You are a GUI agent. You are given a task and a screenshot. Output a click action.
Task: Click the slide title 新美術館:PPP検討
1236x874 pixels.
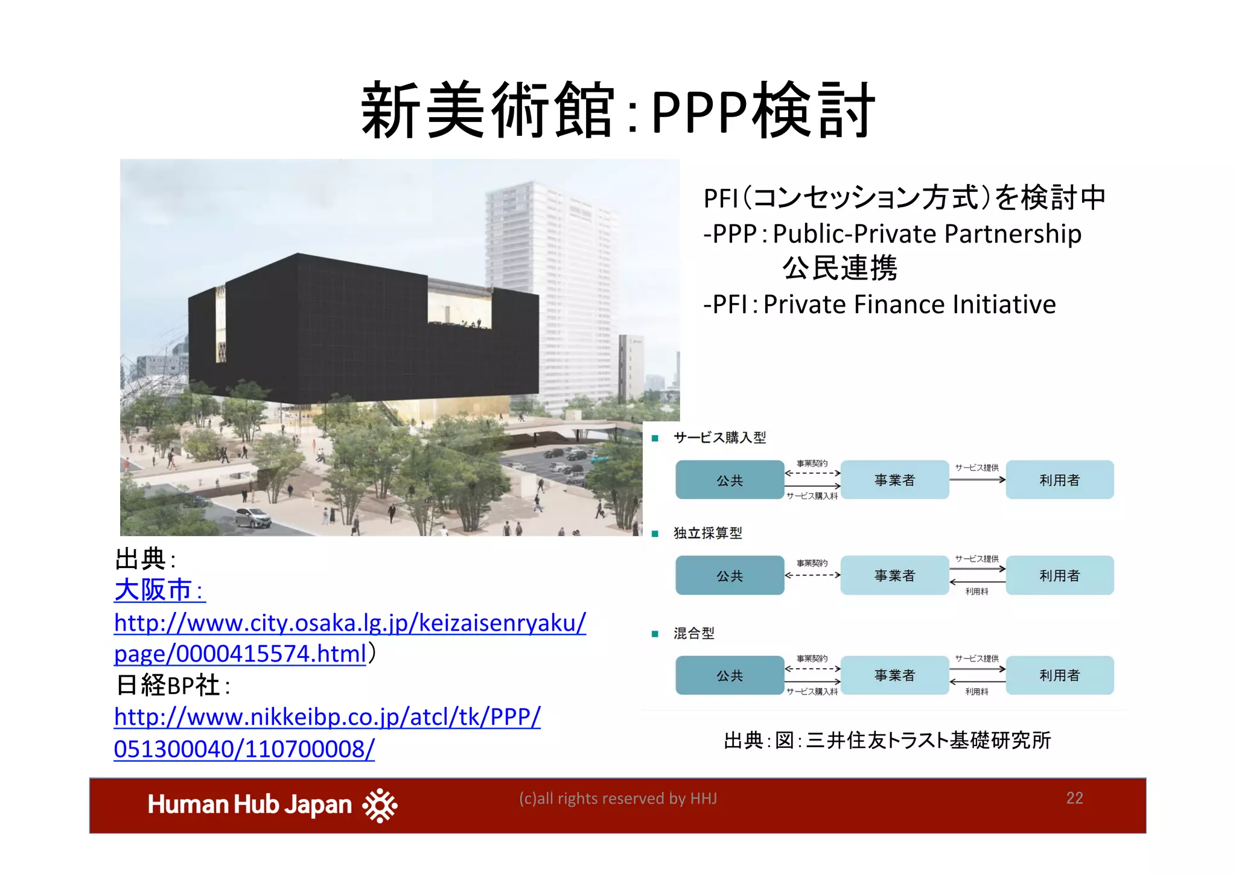pos(617,111)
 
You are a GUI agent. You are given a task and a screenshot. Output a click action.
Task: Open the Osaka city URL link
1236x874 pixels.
pos(349,638)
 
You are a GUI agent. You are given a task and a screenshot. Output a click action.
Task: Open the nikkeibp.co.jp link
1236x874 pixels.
pos(327,732)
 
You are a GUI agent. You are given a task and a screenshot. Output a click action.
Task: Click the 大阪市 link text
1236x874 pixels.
pos(154,590)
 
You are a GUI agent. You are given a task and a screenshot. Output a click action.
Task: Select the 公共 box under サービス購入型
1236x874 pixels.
pos(730,480)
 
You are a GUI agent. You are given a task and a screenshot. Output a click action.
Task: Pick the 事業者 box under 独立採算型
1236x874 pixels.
pos(894,575)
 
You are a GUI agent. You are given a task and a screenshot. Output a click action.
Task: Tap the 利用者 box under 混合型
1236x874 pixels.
pos(1059,675)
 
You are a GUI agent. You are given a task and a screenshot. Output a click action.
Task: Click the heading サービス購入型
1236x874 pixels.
pos(719,437)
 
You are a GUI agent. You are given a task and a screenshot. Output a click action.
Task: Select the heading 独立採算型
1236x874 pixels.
pos(707,532)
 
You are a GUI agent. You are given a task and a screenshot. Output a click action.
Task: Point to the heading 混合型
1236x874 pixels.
pos(694,633)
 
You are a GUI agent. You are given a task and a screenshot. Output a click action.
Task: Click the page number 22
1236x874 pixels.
pos(1074,798)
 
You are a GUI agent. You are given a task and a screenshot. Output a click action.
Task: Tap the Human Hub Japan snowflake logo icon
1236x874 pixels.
pos(380,805)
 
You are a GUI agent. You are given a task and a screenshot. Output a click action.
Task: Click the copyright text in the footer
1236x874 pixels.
pos(617,798)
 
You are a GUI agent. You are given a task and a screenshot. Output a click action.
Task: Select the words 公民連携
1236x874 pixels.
pos(839,269)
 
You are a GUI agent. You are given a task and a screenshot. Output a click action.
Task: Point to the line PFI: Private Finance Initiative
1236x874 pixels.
pos(879,304)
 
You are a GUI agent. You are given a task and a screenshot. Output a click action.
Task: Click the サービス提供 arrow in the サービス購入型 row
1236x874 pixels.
pos(977,479)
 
